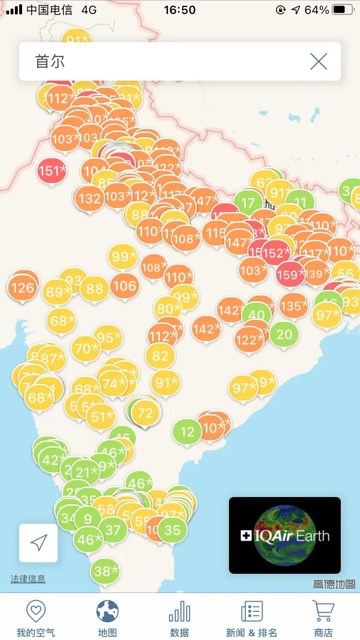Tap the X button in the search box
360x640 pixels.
(318, 61)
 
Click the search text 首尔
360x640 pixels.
(50, 61)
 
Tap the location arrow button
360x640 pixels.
(38, 543)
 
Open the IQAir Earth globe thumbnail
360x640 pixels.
(285, 535)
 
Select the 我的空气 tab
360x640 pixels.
(36, 618)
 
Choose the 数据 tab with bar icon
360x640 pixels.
(180, 618)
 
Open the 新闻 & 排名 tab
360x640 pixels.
(252, 618)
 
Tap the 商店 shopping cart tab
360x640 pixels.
(323, 618)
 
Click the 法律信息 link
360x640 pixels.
(28, 579)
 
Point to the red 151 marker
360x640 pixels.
(51, 171)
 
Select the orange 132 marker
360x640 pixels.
(89, 198)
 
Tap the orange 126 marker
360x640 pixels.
(23, 287)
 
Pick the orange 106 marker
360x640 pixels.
(125, 286)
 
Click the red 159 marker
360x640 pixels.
(290, 274)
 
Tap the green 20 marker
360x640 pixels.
(284, 334)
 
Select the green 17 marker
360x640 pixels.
(248, 202)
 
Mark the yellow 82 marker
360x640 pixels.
(160, 356)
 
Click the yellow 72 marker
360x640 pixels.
(145, 412)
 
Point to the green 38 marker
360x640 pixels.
(105, 571)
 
